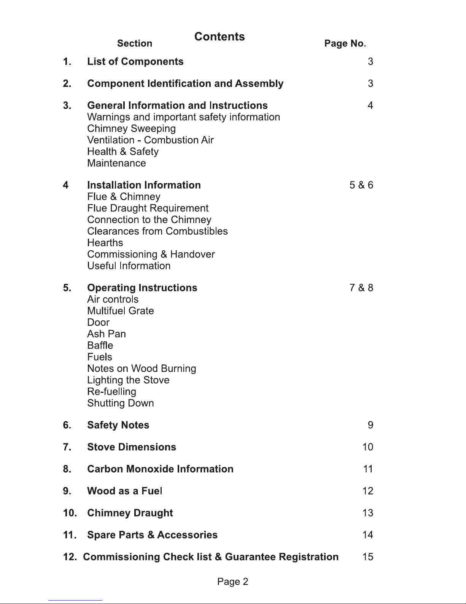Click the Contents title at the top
point(219,37)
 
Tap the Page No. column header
point(345,44)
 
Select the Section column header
point(135,44)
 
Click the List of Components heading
point(135,62)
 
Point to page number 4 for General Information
point(370,106)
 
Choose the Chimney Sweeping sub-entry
point(131,129)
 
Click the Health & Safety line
point(122,152)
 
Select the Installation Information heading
point(144,185)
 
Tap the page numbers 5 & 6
point(361,185)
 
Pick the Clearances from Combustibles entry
point(157,231)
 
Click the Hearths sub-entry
point(105,243)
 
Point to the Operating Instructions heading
point(142,288)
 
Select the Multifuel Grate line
point(120,311)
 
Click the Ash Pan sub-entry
point(106,334)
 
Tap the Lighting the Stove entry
point(128,380)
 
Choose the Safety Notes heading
point(118,425)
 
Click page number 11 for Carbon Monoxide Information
point(368,469)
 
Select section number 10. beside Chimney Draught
point(70,513)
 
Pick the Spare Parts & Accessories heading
point(152,535)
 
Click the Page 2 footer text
point(232,582)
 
